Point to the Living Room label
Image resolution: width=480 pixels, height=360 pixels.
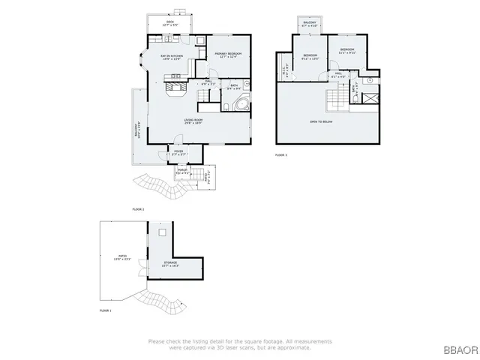196,121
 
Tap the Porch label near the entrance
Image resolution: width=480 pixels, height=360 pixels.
181,172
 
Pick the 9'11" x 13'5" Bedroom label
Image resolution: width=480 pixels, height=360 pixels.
310,57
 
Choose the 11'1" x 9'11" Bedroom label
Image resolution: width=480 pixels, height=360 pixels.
346,51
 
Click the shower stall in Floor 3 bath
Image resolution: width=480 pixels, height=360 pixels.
367,96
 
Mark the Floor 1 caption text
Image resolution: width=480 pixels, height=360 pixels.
106,310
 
